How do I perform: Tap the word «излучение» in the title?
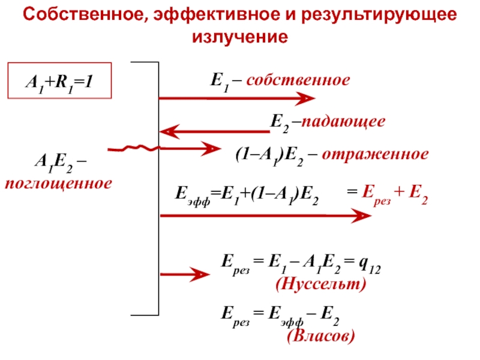pos(240,37)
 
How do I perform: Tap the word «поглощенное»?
pos(58,182)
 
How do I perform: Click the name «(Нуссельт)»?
pos(320,286)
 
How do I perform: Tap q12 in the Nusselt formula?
pos(367,263)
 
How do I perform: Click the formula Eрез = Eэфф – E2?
pos(280,313)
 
